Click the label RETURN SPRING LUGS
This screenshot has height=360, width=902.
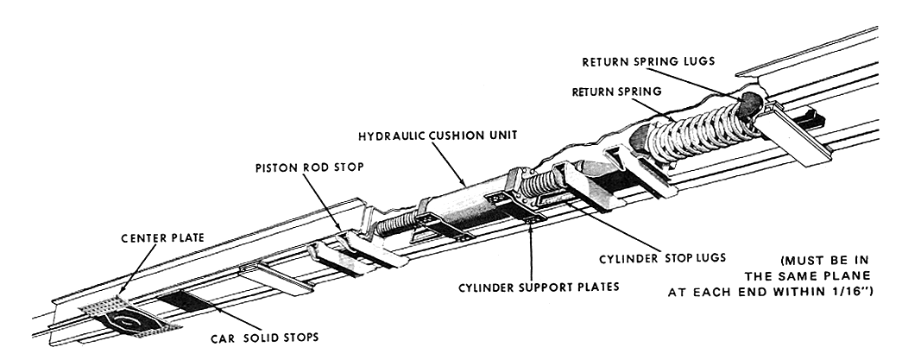(648, 61)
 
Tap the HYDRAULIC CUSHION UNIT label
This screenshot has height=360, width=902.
(438, 136)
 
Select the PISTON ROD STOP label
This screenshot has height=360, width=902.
(310, 167)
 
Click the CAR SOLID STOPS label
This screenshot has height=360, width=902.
(264, 338)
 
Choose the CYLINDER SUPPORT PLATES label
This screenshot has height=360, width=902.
(539, 287)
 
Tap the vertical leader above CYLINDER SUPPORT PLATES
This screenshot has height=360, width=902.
(530, 249)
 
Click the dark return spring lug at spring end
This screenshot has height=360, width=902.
(750, 105)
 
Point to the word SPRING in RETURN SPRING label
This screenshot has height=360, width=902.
(640, 92)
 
